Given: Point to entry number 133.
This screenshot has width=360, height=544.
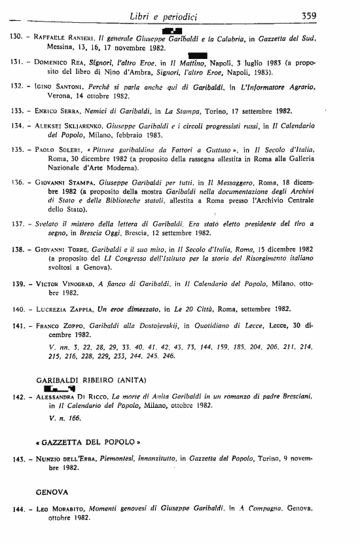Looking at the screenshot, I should pyautogui.click(x=12, y=110).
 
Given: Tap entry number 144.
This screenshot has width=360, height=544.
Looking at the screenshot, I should pyautogui.click(x=12, y=508).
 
